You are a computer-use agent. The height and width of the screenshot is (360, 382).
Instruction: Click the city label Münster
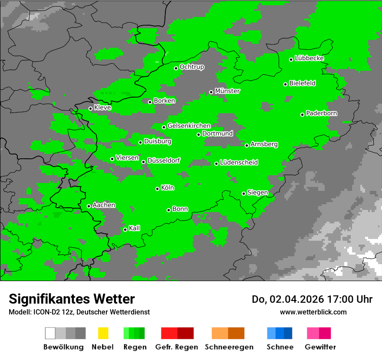[227, 91]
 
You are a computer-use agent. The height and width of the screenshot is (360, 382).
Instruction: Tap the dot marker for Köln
[158, 189]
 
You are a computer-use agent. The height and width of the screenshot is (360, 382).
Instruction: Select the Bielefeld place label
[303, 83]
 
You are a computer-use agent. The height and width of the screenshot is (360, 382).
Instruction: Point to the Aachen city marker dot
[89, 206]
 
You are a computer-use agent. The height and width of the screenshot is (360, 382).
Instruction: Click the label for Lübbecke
[310, 58]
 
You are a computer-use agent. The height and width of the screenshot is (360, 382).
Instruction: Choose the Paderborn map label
[322, 113]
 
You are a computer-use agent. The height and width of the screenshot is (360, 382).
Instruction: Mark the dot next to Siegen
[244, 193]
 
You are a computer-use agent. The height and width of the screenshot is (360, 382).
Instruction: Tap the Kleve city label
[103, 108]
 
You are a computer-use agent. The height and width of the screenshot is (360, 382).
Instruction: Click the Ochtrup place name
[192, 67]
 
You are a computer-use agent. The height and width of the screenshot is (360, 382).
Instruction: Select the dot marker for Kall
[125, 229]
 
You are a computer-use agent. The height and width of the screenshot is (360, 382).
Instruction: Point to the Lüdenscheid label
[239, 163]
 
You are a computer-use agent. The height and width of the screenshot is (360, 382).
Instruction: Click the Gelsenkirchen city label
[189, 126]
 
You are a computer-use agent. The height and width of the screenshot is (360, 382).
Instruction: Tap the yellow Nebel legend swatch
[103, 333]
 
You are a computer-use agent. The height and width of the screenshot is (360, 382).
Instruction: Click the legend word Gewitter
[320, 347]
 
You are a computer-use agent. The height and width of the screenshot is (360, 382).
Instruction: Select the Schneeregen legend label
[229, 347]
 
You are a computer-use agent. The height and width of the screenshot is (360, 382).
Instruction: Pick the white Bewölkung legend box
[50, 333]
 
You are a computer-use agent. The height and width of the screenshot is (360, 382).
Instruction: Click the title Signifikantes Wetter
[72, 299]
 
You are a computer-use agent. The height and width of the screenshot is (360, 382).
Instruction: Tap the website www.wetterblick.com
[313, 312]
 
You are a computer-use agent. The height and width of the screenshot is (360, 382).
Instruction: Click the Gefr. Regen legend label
[177, 347]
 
